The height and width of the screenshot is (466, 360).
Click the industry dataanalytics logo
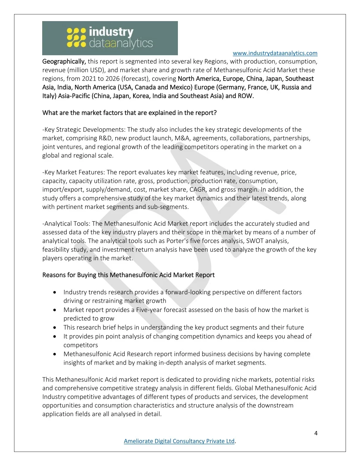click(x=110, y=38)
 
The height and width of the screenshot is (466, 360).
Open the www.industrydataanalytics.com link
click(x=275, y=53)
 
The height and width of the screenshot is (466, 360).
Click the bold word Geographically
click(x=64, y=62)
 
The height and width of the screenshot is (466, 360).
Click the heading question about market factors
click(x=129, y=113)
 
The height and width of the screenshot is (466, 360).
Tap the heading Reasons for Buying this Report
click(x=128, y=275)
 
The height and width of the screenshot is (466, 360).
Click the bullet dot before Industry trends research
click(x=55, y=292)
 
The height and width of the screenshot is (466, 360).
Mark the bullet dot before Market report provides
click(x=55, y=310)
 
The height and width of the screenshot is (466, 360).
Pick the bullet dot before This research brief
click(x=55, y=327)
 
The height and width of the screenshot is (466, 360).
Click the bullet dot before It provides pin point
click(x=55, y=336)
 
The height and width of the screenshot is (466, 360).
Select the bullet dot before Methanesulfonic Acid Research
click(x=55, y=354)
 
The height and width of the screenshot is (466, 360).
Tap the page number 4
click(x=316, y=433)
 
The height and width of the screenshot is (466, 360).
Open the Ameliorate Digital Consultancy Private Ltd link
click(x=179, y=441)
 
